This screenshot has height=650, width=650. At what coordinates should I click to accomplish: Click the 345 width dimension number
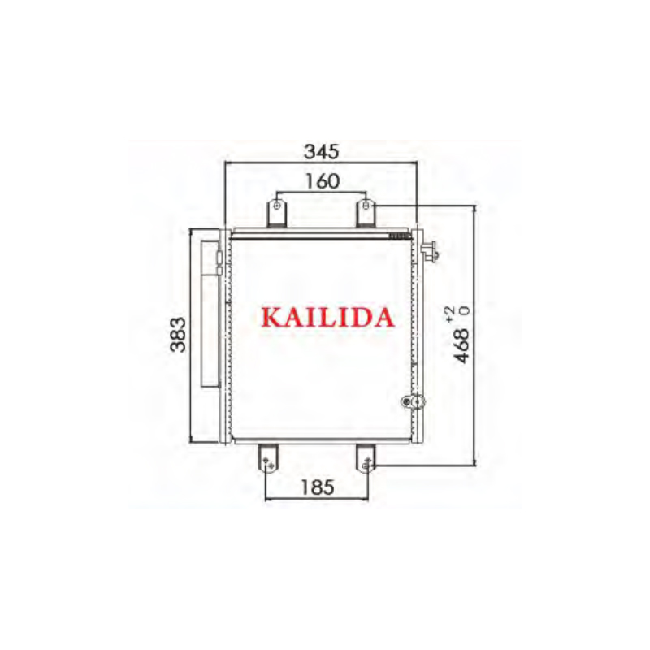(x=321, y=151)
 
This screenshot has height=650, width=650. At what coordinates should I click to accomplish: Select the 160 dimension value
(x=322, y=182)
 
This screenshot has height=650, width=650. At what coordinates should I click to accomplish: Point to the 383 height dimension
(x=179, y=334)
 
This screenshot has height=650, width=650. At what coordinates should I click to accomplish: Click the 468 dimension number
(x=462, y=346)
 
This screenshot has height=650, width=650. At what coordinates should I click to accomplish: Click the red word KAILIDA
(x=327, y=316)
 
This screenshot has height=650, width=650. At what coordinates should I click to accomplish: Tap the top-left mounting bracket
(x=278, y=214)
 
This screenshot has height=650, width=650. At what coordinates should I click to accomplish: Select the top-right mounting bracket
(x=366, y=214)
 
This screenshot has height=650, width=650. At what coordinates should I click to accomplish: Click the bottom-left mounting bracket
(x=268, y=459)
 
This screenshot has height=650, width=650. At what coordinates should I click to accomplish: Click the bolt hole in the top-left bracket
(x=278, y=206)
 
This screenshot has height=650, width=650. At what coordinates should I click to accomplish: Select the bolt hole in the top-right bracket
(x=367, y=206)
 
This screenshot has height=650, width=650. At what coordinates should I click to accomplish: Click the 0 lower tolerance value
(x=465, y=310)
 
